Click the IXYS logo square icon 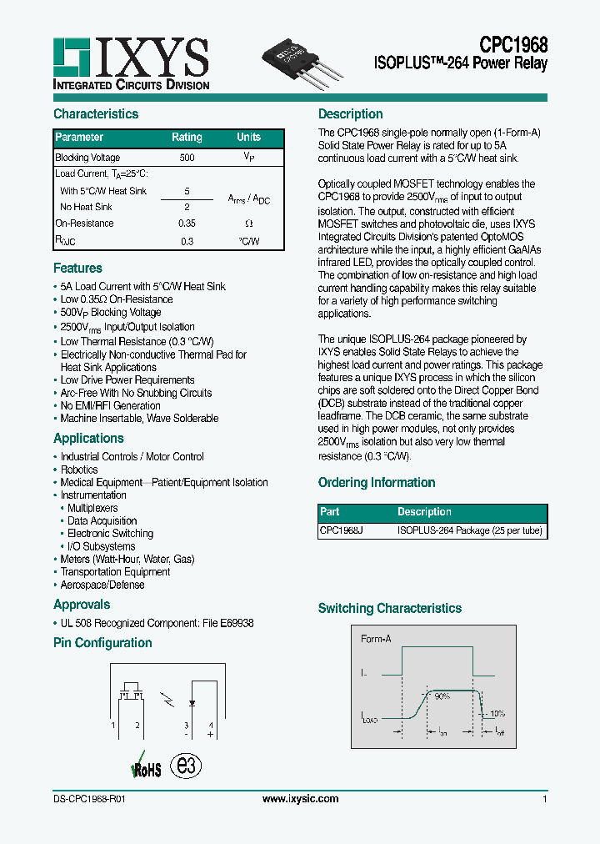point(71,56)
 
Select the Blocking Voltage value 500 point(187,158)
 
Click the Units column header point(248,138)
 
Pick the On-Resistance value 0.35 point(187,224)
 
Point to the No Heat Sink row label point(87,207)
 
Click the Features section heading point(77,269)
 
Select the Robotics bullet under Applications point(79,470)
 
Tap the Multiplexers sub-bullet point(92,508)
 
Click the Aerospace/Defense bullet point(102,585)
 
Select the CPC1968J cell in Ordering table point(341,530)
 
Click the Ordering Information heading point(377,483)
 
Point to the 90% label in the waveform point(442,696)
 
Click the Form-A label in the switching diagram point(376,640)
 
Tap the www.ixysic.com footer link point(300,799)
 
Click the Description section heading point(351,114)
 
